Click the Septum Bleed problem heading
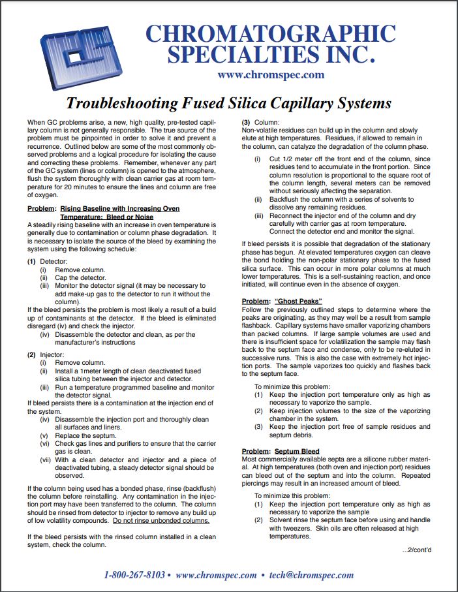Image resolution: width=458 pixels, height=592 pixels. point(296,451)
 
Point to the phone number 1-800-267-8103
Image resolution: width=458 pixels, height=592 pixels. point(134,575)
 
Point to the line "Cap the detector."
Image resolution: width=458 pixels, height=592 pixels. point(80,277)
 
